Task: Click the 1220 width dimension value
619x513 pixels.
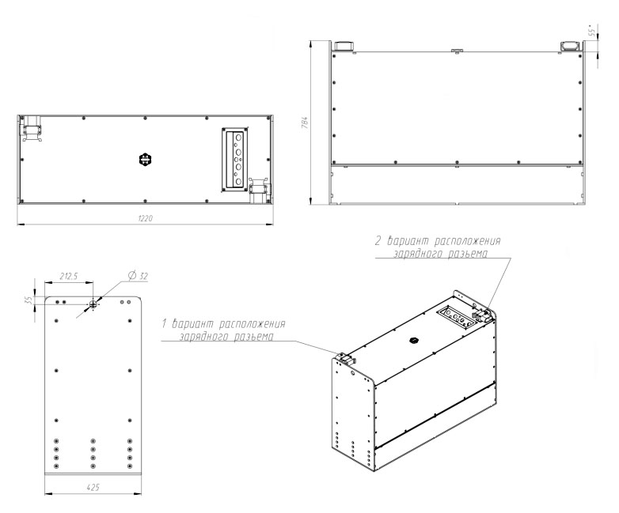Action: pyautogui.click(x=146, y=218)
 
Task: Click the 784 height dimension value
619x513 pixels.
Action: pyautogui.click(x=305, y=123)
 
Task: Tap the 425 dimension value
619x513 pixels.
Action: pyautogui.click(x=93, y=488)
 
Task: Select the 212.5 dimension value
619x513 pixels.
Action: pyautogui.click(x=69, y=276)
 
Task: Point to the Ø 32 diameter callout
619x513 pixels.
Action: pyautogui.click(x=138, y=276)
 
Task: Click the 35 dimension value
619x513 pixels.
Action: pyautogui.click(x=28, y=300)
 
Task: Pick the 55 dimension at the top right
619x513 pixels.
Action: pyautogui.click(x=591, y=32)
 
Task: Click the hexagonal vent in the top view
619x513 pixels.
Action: pyautogui.click(x=146, y=160)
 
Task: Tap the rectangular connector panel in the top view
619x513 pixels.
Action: pyautogui.click(x=235, y=160)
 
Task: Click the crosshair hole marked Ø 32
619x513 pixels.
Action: pyautogui.click(x=93, y=304)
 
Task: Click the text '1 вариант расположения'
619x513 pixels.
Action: pyautogui.click(x=223, y=324)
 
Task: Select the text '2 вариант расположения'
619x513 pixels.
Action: pyautogui.click(x=438, y=240)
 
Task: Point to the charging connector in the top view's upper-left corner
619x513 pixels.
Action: pyautogui.click(x=32, y=129)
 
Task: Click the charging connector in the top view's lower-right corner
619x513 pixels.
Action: pyautogui.click(x=260, y=190)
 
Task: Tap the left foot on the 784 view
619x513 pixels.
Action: pyautogui.click(x=345, y=46)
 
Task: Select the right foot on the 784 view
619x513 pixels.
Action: pyautogui.click(x=570, y=46)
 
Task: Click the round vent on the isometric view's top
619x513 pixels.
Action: pyautogui.click(x=413, y=340)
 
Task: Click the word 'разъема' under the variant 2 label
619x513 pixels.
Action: pyautogui.click(x=468, y=253)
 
